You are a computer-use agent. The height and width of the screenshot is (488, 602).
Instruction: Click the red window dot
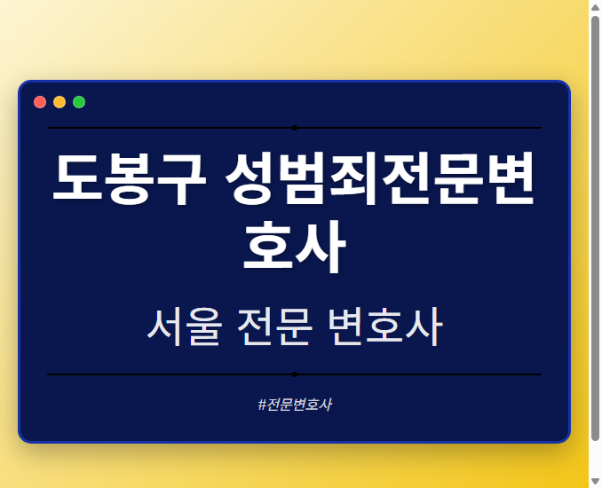pyautogui.click(x=40, y=102)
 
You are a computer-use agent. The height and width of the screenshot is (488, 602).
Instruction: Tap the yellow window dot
pyautogui.click(x=59, y=102)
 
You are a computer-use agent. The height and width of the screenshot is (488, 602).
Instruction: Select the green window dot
pyautogui.click(x=79, y=102)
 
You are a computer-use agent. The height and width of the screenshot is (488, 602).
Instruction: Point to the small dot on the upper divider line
pyautogui.click(x=295, y=128)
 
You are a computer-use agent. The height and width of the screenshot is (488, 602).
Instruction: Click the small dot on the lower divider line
pyautogui.click(x=295, y=374)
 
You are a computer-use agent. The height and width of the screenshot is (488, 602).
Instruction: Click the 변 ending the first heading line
pyautogui.click(x=511, y=180)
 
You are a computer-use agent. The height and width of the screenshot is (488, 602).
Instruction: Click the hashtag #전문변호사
pyautogui.click(x=295, y=405)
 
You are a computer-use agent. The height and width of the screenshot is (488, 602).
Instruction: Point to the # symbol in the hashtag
pyautogui.click(x=262, y=405)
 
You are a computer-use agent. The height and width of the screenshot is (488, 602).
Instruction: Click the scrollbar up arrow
pyautogui.click(x=595, y=7)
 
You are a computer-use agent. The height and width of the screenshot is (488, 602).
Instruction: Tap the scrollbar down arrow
pyautogui.click(x=595, y=481)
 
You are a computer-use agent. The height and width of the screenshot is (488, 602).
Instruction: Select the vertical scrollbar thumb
pyautogui.click(x=595, y=226)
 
